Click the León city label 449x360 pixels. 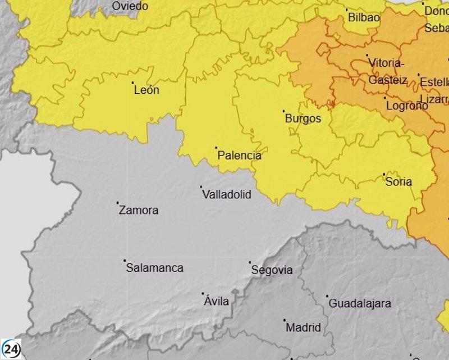tap(146, 90)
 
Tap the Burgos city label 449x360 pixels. tap(303, 119)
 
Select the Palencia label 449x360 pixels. tap(239, 156)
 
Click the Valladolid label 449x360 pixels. tap(226, 195)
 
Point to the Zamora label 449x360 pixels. tap(139, 211)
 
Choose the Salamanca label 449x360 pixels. tap(154, 268)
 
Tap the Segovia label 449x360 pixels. tap(272, 270)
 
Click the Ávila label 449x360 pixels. tap(217, 302)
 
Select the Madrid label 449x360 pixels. tap(303, 327)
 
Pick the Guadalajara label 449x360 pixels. tap(360, 303)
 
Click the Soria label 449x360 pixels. tap(398, 181)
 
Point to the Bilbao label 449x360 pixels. tap(364, 17)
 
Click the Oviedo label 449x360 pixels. tap(130, 6)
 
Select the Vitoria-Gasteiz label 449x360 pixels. tap(387, 71)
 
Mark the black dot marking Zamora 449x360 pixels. tap(118, 203)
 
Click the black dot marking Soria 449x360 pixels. tap(384, 174)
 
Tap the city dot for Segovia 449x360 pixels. tap(250, 262)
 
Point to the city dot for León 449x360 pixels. tap(133, 83)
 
